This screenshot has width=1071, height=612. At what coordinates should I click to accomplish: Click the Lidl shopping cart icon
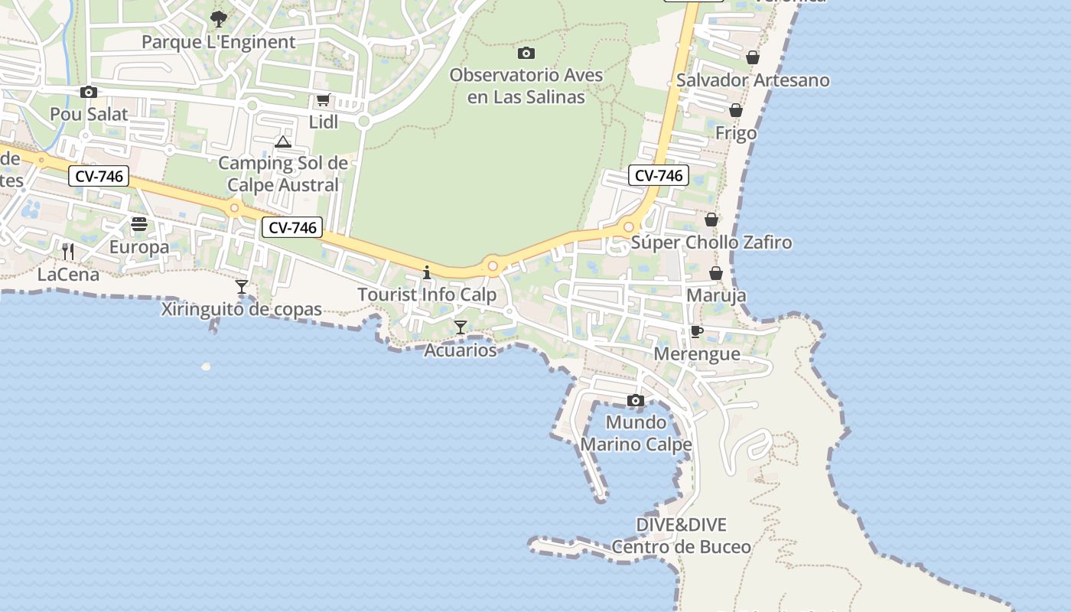pos(323,100)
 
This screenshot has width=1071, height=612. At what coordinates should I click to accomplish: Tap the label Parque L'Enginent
pos(218,42)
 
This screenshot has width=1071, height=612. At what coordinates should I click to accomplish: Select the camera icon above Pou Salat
pos(89,93)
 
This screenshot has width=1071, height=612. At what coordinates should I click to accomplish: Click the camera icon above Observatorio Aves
pos(526,53)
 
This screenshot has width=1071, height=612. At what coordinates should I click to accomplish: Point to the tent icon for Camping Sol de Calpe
pos(283,142)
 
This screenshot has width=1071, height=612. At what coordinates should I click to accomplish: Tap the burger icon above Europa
pos(138,224)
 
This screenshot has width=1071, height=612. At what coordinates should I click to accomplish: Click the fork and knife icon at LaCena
pos(68,250)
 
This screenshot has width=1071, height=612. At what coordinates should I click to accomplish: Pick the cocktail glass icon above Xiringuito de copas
pos(242,287)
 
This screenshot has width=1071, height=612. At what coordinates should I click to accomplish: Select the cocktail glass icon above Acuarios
pos(460,327)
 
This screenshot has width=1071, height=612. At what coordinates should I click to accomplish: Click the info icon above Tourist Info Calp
pos(427,272)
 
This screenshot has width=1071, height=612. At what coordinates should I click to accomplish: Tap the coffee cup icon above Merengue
pos(696,331)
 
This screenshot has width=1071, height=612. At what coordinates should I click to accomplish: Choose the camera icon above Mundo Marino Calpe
pos(636,400)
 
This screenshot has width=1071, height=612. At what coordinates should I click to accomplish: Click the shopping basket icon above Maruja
pos(716,273)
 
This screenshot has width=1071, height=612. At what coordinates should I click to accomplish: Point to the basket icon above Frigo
pos(735,110)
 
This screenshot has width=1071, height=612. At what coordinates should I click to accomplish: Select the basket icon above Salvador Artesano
pos(753,57)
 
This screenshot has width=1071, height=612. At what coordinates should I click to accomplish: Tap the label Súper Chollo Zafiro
pos(711,243)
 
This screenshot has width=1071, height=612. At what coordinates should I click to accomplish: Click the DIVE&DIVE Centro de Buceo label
pos(681,535)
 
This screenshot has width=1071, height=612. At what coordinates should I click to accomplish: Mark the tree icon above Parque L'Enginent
pos(219,19)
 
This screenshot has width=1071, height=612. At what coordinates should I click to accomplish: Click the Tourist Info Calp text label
pos(427,295)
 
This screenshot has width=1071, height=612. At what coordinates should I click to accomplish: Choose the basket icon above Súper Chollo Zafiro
pos(711,220)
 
